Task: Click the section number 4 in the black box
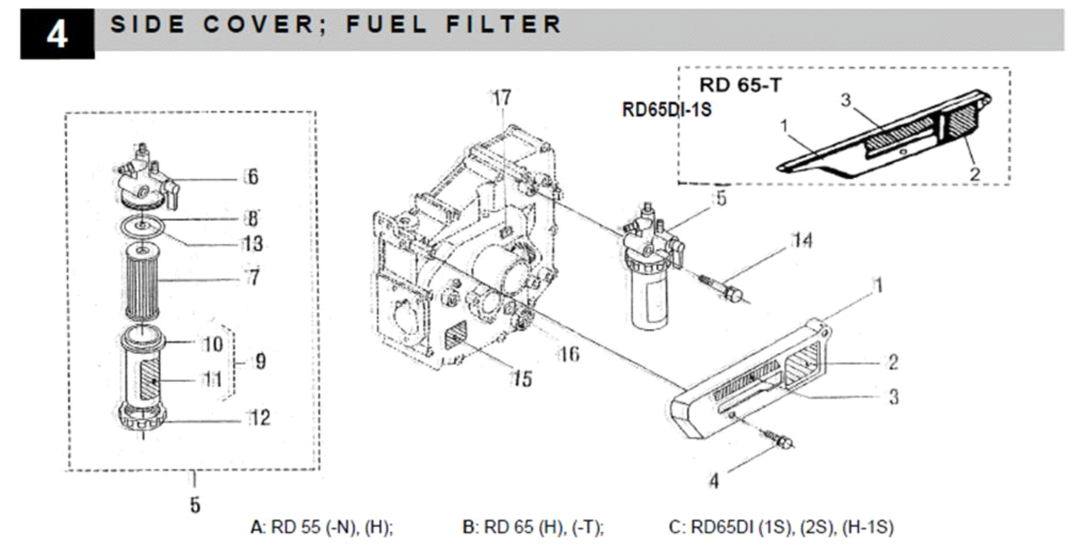57,35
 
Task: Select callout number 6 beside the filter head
252,177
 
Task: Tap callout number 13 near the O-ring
253,244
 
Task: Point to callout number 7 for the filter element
254,278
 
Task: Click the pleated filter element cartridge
142,282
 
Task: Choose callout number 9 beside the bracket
260,361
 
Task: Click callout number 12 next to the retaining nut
260,418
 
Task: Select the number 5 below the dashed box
195,505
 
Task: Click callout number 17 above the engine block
501,98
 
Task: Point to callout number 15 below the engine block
522,378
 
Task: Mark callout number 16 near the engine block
569,354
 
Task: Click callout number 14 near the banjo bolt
802,240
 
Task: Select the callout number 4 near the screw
713,481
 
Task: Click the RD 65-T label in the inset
740,86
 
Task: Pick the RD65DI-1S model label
666,110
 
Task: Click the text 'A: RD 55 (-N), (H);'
322,527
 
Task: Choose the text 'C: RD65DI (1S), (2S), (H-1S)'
781,527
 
